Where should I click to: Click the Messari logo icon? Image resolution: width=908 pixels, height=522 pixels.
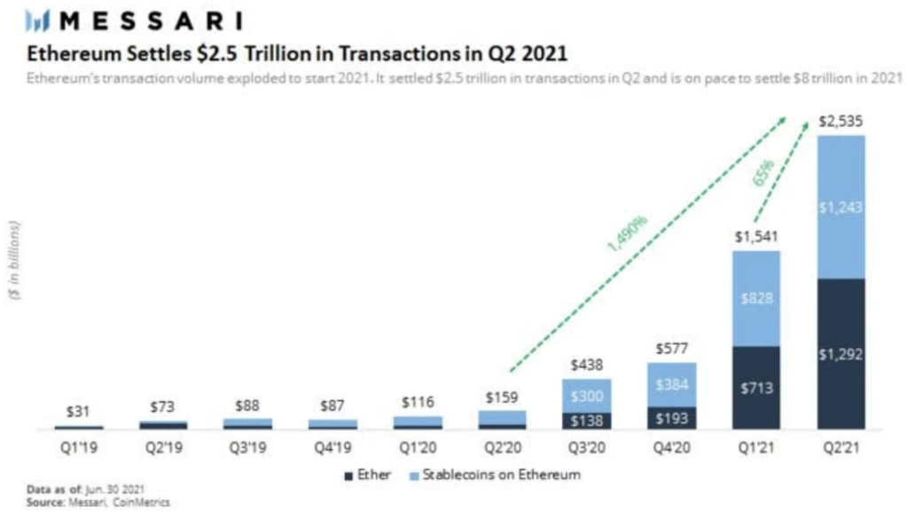[41, 19]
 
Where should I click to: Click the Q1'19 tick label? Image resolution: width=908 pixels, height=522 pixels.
[78, 448]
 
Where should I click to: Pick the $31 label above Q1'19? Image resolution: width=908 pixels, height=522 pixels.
[78, 412]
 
